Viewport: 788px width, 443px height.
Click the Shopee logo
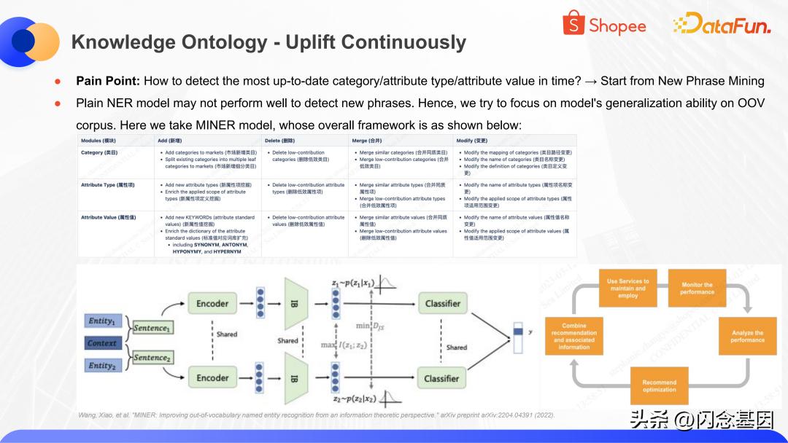(604, 26)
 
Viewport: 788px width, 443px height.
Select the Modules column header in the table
(98, 140)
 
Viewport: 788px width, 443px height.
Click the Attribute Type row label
(107, 185)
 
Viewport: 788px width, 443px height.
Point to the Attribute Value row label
(109, 217)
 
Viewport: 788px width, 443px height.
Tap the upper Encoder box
(212, 303)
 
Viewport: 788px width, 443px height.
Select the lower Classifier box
(442, 378)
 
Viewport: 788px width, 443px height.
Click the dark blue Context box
(102, 343)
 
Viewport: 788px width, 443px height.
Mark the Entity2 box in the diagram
(101, 366)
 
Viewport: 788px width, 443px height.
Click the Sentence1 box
(151, 329)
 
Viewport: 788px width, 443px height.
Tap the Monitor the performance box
(697, 289)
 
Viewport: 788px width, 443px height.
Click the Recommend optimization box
(659, 386)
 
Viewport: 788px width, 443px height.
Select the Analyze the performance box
(747, 336)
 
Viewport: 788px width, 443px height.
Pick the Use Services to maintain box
(627, 289)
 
